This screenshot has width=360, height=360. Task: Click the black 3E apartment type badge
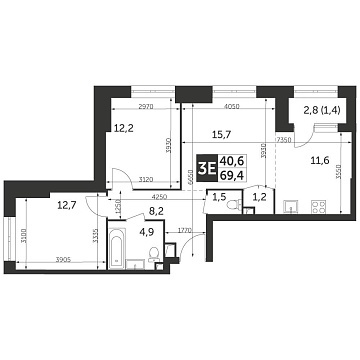click(x=208, y=168)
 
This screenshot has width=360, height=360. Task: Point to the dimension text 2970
click(x=145, y=106)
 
